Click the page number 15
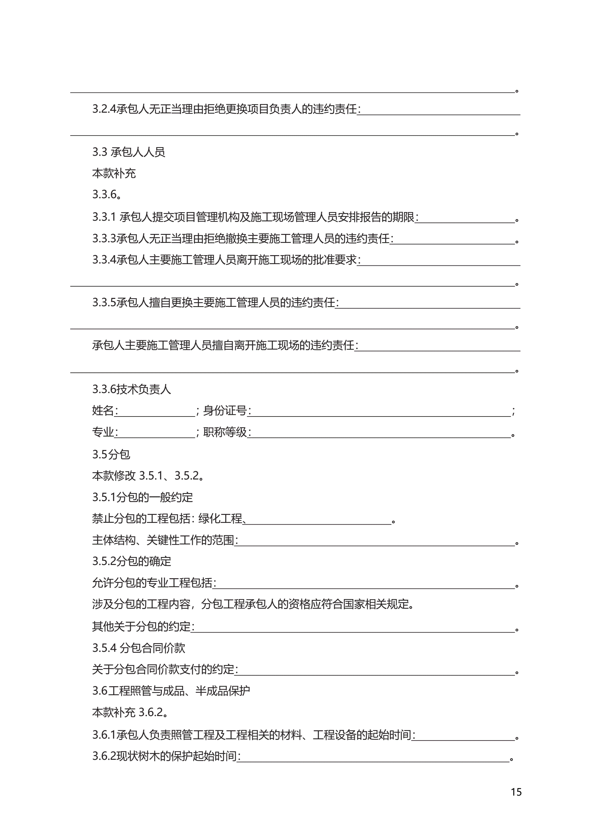[516, 792]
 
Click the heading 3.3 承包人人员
[128, 152]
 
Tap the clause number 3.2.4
[104, 109]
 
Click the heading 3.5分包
[111, 454]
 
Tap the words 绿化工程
[221, 518]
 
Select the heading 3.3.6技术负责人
[131, 389]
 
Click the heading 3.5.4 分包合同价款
[139, 648]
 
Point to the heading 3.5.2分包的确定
[131, 561]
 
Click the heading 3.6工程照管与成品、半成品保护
[171, 691]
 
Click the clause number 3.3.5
[104, 303]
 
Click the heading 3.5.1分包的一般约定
[142, 497]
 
